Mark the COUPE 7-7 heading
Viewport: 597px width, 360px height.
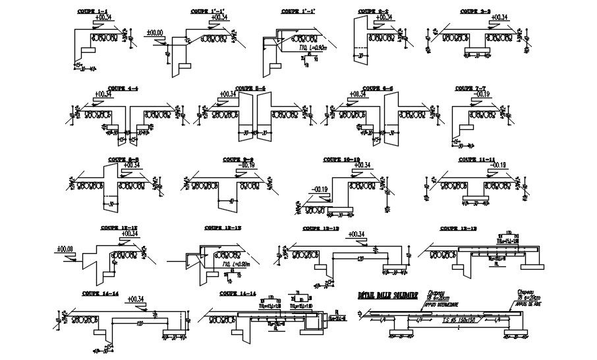(470, 88)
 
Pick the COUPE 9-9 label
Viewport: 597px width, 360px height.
(238, 158)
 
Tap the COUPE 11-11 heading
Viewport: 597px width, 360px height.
(472, 159)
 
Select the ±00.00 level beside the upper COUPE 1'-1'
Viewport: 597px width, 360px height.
(156, 32)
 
